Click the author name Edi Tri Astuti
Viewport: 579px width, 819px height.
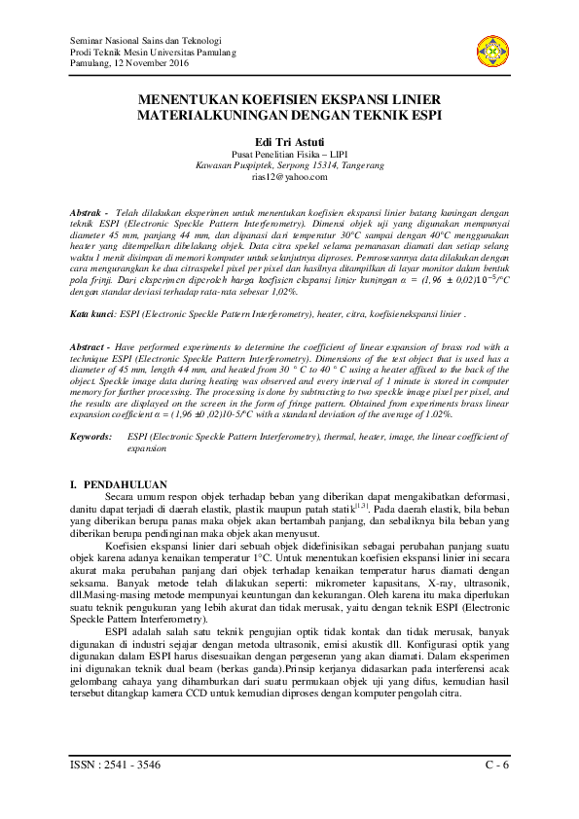[x=288, y=141]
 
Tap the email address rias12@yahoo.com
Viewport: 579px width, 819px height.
[x=288, y=177]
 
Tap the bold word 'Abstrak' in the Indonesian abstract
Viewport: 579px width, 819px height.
[x=89, y=211]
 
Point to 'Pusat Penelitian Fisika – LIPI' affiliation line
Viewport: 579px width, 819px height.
[x=288, y=154]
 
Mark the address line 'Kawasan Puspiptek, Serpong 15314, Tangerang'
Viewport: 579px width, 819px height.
[x=288, y=165]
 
